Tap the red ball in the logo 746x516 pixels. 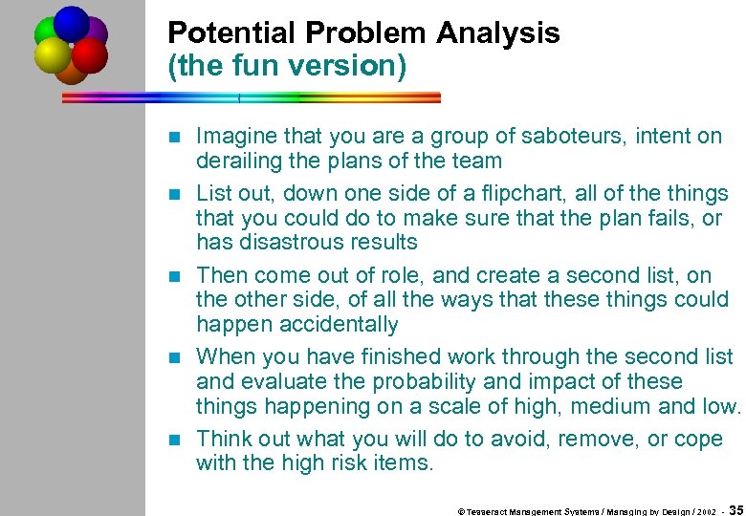pos(90,54)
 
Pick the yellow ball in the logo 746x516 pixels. pos(53,55)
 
